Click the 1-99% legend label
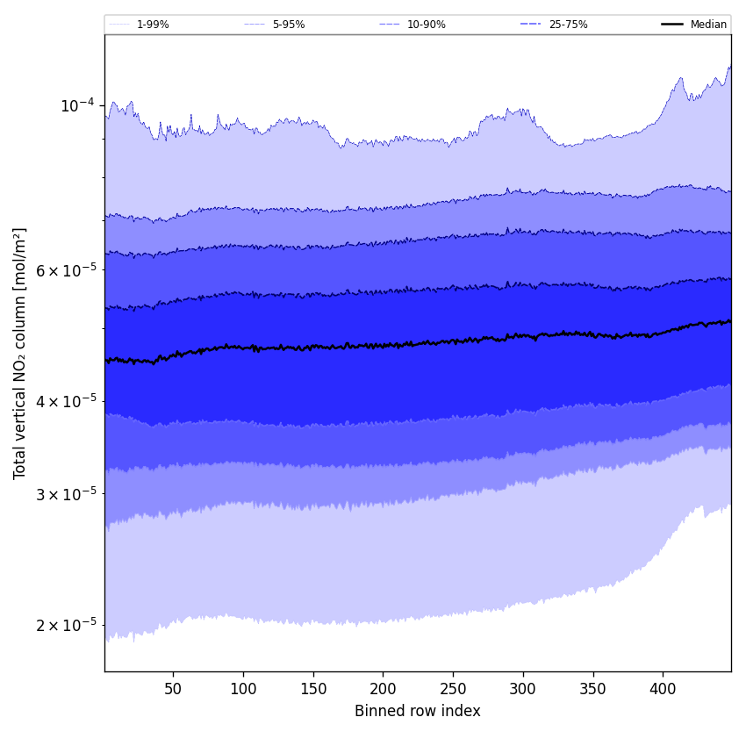153,25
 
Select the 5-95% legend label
289,25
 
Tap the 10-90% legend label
426,25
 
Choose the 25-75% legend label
568,25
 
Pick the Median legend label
708,25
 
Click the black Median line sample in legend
672,25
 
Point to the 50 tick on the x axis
173,689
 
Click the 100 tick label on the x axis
243,689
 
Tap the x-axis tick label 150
313,689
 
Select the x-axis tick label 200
383,689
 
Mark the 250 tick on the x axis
453,689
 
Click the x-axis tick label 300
523,689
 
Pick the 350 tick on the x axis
593,689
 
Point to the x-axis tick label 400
663,689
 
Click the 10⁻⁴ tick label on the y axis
76,105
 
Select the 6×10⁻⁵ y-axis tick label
66,270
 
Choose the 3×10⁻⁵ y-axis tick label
66,494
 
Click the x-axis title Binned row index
418,711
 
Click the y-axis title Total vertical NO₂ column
20,353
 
